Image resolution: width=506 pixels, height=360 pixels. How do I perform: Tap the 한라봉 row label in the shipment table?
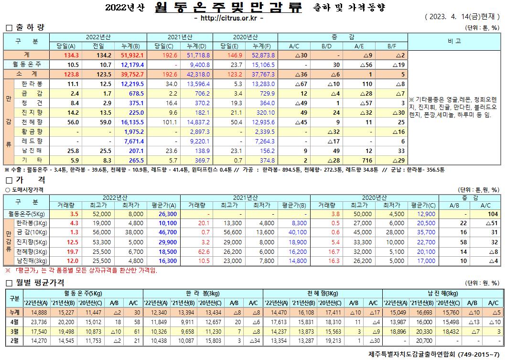(33, 84)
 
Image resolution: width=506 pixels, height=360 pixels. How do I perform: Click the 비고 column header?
(454, 41)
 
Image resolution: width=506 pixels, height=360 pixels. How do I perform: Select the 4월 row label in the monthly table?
(14, 322)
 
